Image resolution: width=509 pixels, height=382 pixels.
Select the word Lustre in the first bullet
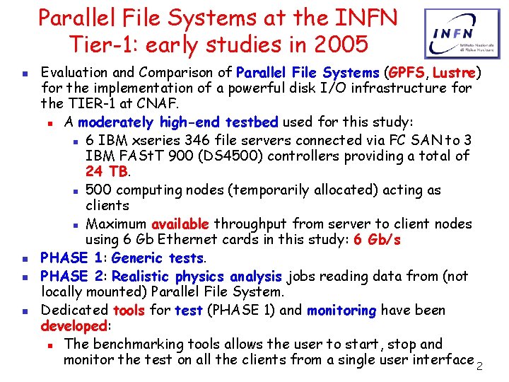tap(455, 72)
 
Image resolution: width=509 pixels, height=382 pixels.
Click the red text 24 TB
tap(107, 171)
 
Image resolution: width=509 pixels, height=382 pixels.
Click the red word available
tap(180, 224)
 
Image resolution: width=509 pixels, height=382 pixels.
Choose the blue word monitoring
tap(341, 310)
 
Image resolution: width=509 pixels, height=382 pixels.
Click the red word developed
tap(73, 327)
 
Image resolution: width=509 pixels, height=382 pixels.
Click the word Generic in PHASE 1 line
tap(137, 258)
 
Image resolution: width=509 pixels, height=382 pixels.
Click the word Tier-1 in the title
tap(103, 44)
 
